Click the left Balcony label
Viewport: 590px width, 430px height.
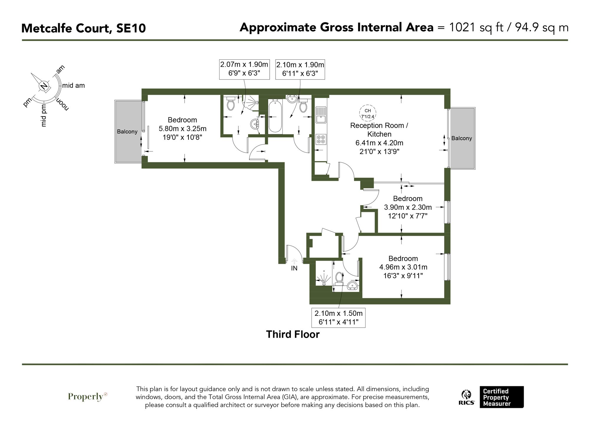tap(127, 132)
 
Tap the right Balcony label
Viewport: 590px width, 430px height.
tap(461, 138)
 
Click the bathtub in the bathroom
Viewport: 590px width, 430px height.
tap(275, 116)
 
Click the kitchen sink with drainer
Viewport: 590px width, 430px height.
tap(321, 115)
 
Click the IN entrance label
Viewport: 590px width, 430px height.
tap(294, 268)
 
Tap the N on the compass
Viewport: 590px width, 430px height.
tap(44, 86)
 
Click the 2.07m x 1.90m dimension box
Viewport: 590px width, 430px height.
tap(244, 69)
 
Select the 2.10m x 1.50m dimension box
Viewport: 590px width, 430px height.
tap(338, 317)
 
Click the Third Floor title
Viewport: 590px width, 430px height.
tap(293, 334)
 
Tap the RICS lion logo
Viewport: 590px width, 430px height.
tap(466, 397)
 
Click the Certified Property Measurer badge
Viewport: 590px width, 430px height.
tap(501, 397)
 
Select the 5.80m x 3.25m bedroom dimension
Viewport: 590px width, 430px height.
tap(182, 129)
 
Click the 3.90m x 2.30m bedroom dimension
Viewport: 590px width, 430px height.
tap(407, 207)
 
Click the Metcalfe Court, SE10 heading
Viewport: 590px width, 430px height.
tap(83, 28)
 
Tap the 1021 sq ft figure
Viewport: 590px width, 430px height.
tap(476, 27)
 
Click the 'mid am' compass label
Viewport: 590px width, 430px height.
tap(73, 86)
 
